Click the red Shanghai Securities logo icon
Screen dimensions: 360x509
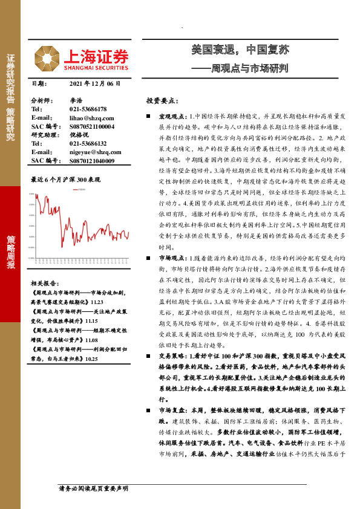(x=46, y=59)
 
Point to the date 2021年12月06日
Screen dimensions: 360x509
(x=96, y=83)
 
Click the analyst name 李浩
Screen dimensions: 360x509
(x=76, y=100)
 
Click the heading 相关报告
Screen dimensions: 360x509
(x=44, y=282)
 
